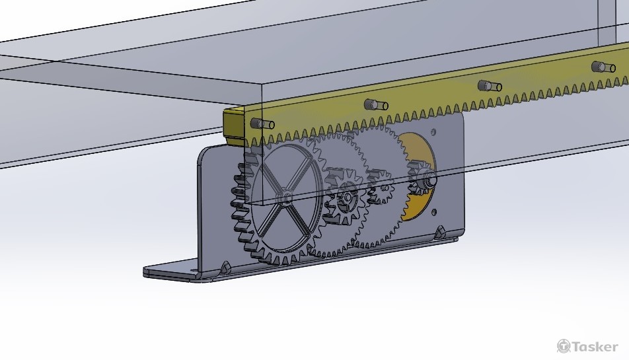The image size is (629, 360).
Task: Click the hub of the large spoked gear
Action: [288, 198]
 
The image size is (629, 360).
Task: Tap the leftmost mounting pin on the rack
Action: [262, 123]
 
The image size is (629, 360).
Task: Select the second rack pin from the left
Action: [376, 105]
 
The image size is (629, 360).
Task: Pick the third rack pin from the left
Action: [490, 86]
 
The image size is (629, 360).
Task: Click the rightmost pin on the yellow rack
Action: [603, 67]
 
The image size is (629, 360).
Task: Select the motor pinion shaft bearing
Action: [426, 178]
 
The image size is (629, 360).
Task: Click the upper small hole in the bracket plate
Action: [433, 131]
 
